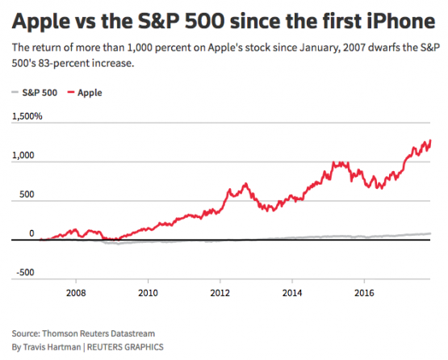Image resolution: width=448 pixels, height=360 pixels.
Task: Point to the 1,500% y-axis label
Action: pos(27,117)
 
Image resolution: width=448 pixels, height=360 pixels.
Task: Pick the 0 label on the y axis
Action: pos(32,233)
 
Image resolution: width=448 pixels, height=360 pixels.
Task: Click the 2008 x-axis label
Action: pos(76,293)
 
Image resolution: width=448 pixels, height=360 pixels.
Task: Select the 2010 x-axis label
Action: pos(148,293)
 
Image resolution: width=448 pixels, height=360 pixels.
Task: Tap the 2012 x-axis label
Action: pos(220,293)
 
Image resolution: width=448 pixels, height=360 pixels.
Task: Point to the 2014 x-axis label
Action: pos(292,293)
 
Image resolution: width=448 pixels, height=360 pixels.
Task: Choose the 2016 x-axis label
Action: pos(365,293)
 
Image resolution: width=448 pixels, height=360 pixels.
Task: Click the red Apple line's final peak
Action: pos(430,140)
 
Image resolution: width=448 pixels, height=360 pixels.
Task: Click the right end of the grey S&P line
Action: pos(430,233)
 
